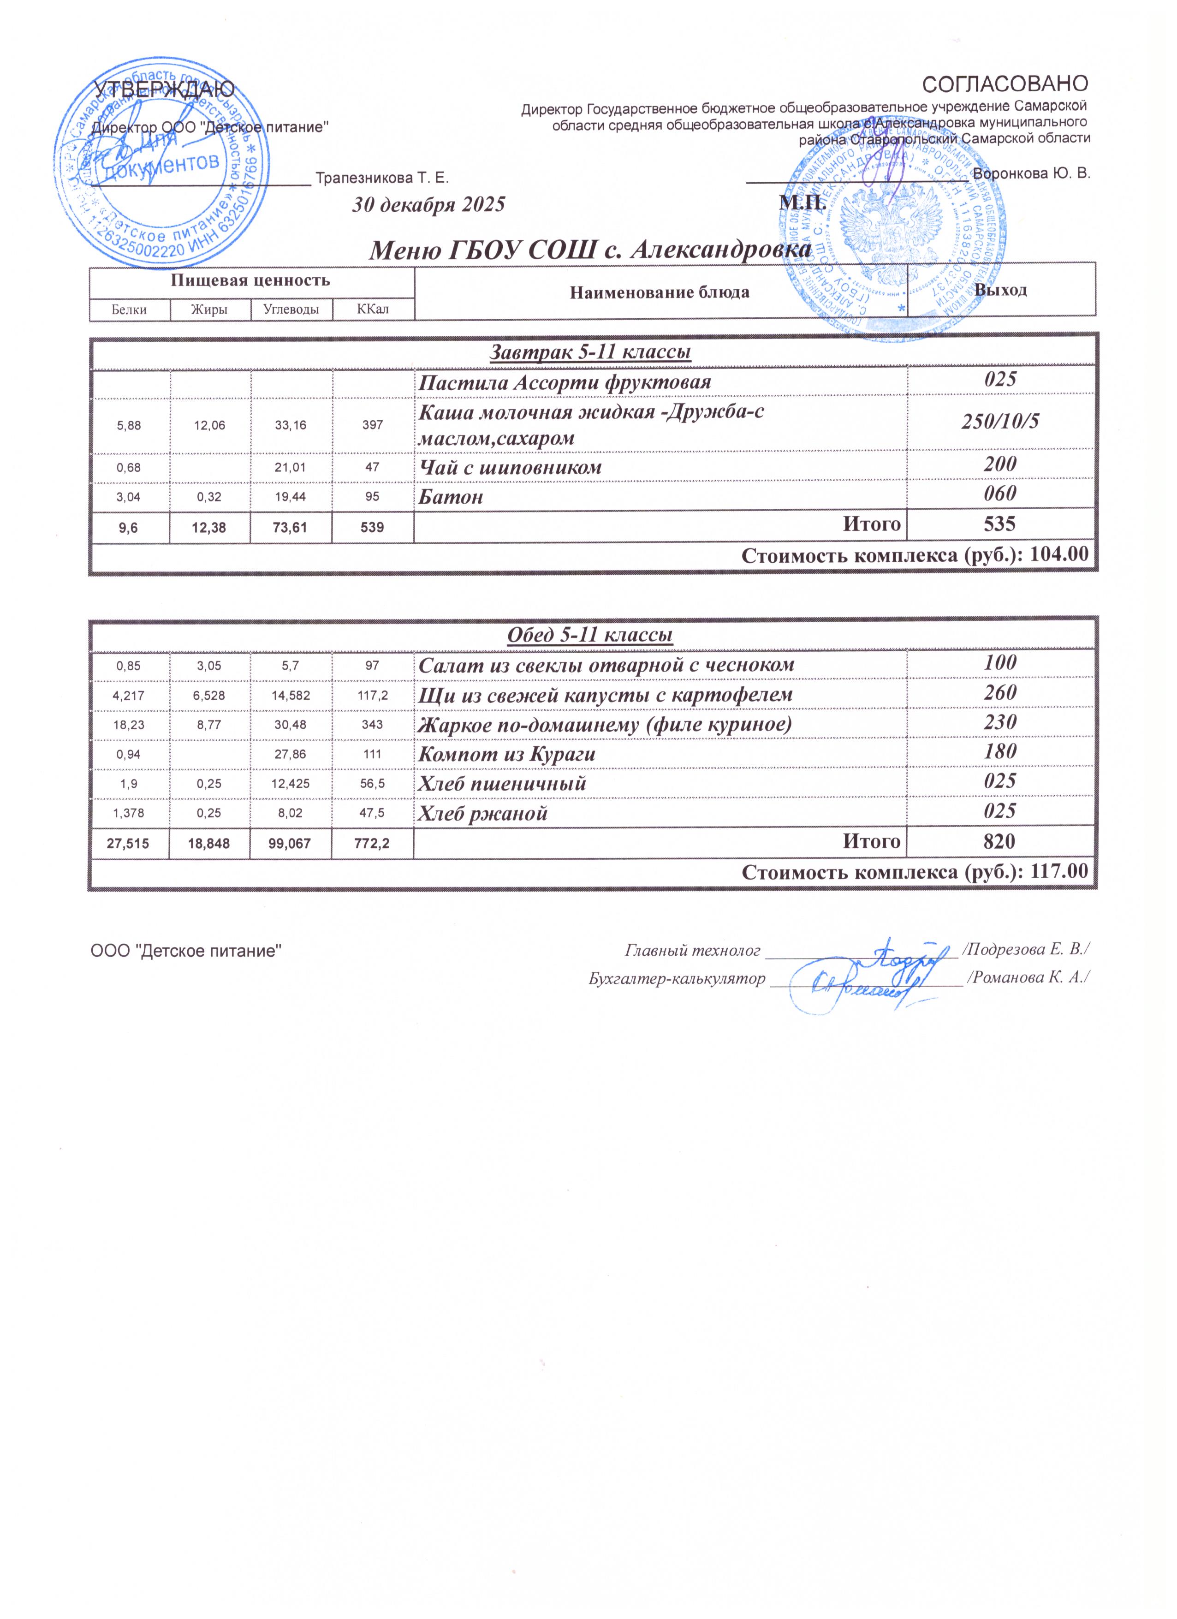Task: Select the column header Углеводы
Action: pos(291,309)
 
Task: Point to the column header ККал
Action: pos(373,309)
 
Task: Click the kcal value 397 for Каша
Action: pos(373,425)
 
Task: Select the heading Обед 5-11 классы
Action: pos(590,635)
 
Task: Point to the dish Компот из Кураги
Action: pos(507,754)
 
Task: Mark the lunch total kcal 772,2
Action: pos(373,843)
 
